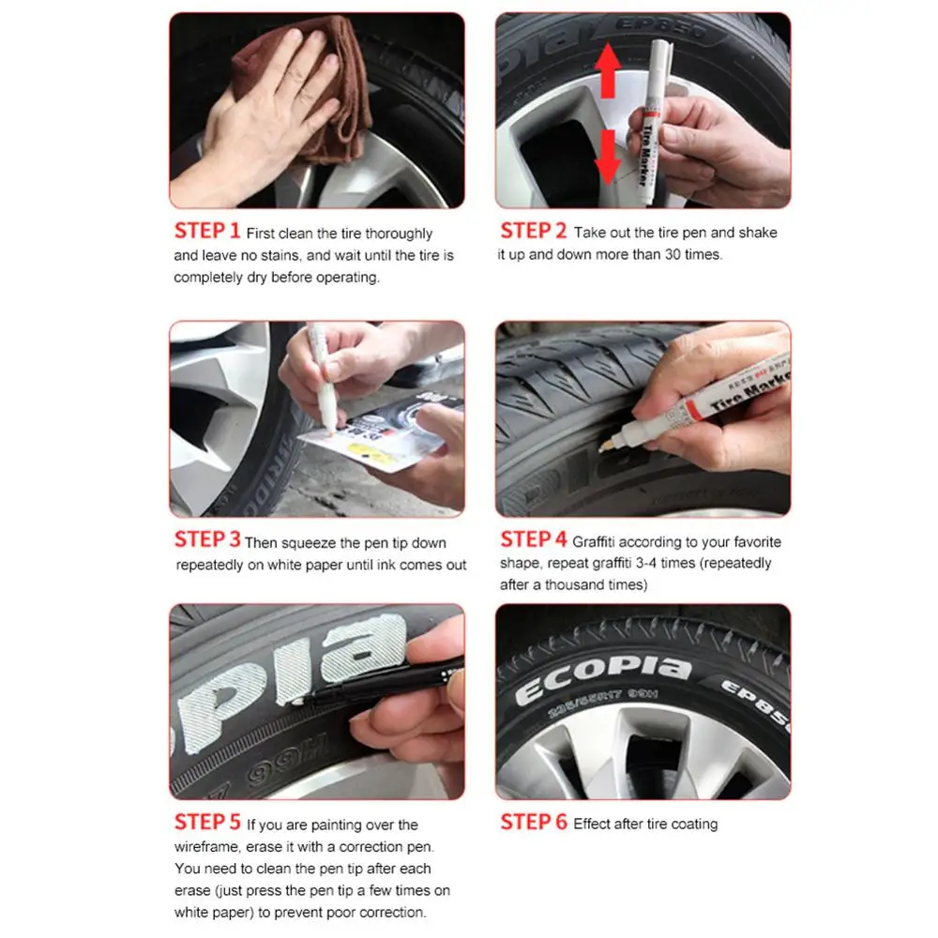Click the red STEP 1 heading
point(207,231)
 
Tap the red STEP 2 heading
point(533,231)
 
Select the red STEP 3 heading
point(207,539)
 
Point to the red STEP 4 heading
point(533,539)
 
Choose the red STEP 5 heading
point(207,822)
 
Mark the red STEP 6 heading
point(533,822)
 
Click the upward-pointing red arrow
point(608,69)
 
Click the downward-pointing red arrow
point(608,157)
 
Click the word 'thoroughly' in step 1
point(399,234)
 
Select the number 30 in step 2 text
point(673,254)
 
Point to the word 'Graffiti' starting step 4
point(594,542)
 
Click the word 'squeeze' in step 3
point(308,543)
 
